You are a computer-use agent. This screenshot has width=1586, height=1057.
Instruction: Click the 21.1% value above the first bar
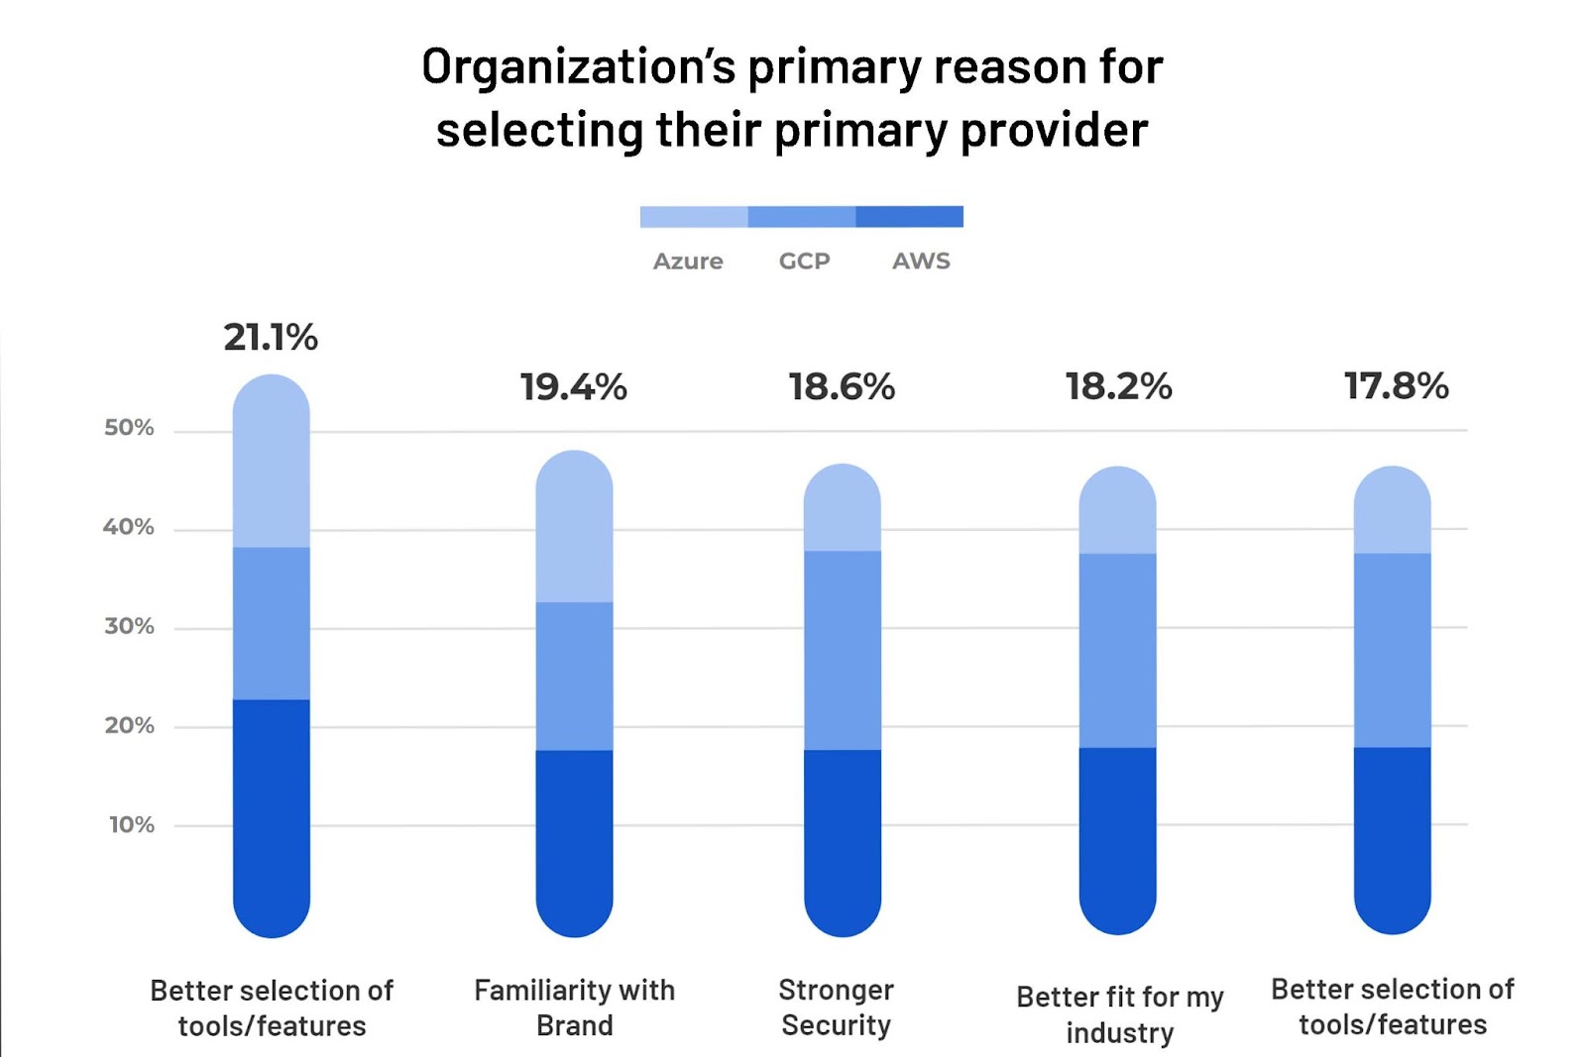tap(271, 338)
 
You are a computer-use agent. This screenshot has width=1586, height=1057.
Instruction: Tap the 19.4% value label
tap(574, 387)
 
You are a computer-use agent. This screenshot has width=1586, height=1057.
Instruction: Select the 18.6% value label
tap(842, 387)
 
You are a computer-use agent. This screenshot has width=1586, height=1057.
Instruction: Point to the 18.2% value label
tap(1118, 386)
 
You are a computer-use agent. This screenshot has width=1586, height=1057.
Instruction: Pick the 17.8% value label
tap(1396, 386)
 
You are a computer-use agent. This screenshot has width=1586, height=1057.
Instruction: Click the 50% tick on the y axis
tap(129, 428)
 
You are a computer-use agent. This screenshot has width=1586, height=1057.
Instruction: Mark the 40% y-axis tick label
tap(129, 527)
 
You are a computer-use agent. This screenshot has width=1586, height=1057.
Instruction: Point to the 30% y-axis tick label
tap(129, 626)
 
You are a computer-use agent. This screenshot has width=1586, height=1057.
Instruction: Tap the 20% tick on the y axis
tap(129, 725)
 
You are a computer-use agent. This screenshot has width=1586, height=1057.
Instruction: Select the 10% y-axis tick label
tap(131, 824)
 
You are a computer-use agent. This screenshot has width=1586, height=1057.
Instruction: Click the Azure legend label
tap(688, 262)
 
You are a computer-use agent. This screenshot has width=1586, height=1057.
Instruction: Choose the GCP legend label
tap(804, 262)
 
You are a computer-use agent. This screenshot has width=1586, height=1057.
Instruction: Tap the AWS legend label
tap(921, 262)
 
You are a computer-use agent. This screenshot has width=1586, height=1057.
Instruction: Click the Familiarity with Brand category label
tap(574, 1007)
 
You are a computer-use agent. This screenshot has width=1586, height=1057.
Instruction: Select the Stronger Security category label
tap(836, 1007)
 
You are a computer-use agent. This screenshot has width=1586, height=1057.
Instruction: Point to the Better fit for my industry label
tap(1119, 1014)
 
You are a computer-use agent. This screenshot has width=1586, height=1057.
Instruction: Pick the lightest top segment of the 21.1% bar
tap(271, 466)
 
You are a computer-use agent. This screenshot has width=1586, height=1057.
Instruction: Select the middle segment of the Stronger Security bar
tap(842, 650)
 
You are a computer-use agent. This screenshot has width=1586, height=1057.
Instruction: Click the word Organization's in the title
tap(578, 67)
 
